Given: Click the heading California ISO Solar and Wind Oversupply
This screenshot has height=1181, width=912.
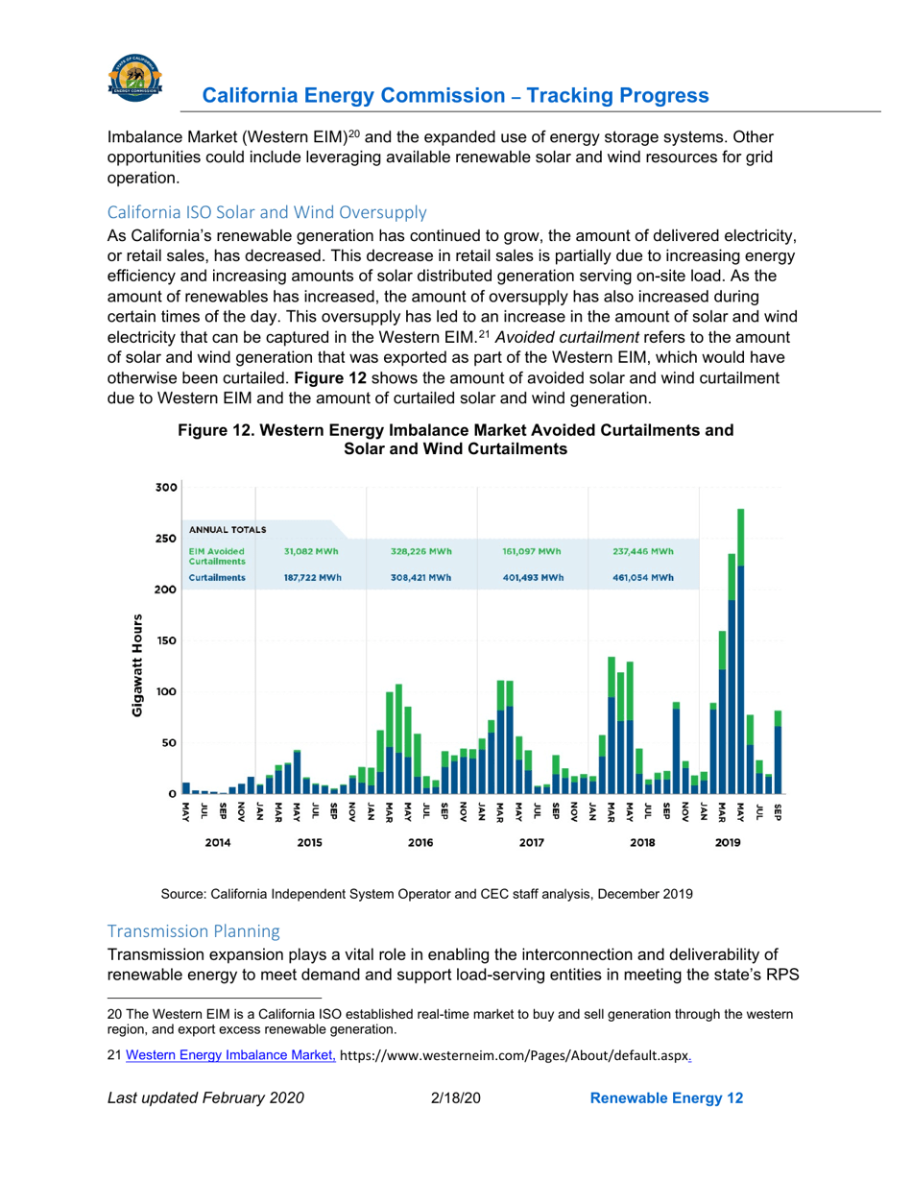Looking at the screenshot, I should point(267,211).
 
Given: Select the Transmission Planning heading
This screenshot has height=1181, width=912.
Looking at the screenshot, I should point(193,930).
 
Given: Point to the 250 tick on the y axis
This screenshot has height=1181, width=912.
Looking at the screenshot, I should point(165,539).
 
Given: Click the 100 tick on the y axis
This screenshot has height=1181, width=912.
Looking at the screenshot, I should point(165,691).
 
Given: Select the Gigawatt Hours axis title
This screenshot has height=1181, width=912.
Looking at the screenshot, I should point(139,665).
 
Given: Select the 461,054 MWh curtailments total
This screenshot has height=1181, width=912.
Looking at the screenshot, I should point(642,578).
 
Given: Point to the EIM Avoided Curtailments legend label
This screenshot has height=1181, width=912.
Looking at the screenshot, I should point(217,556).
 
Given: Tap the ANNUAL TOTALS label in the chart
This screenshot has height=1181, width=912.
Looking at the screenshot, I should point(228,530).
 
